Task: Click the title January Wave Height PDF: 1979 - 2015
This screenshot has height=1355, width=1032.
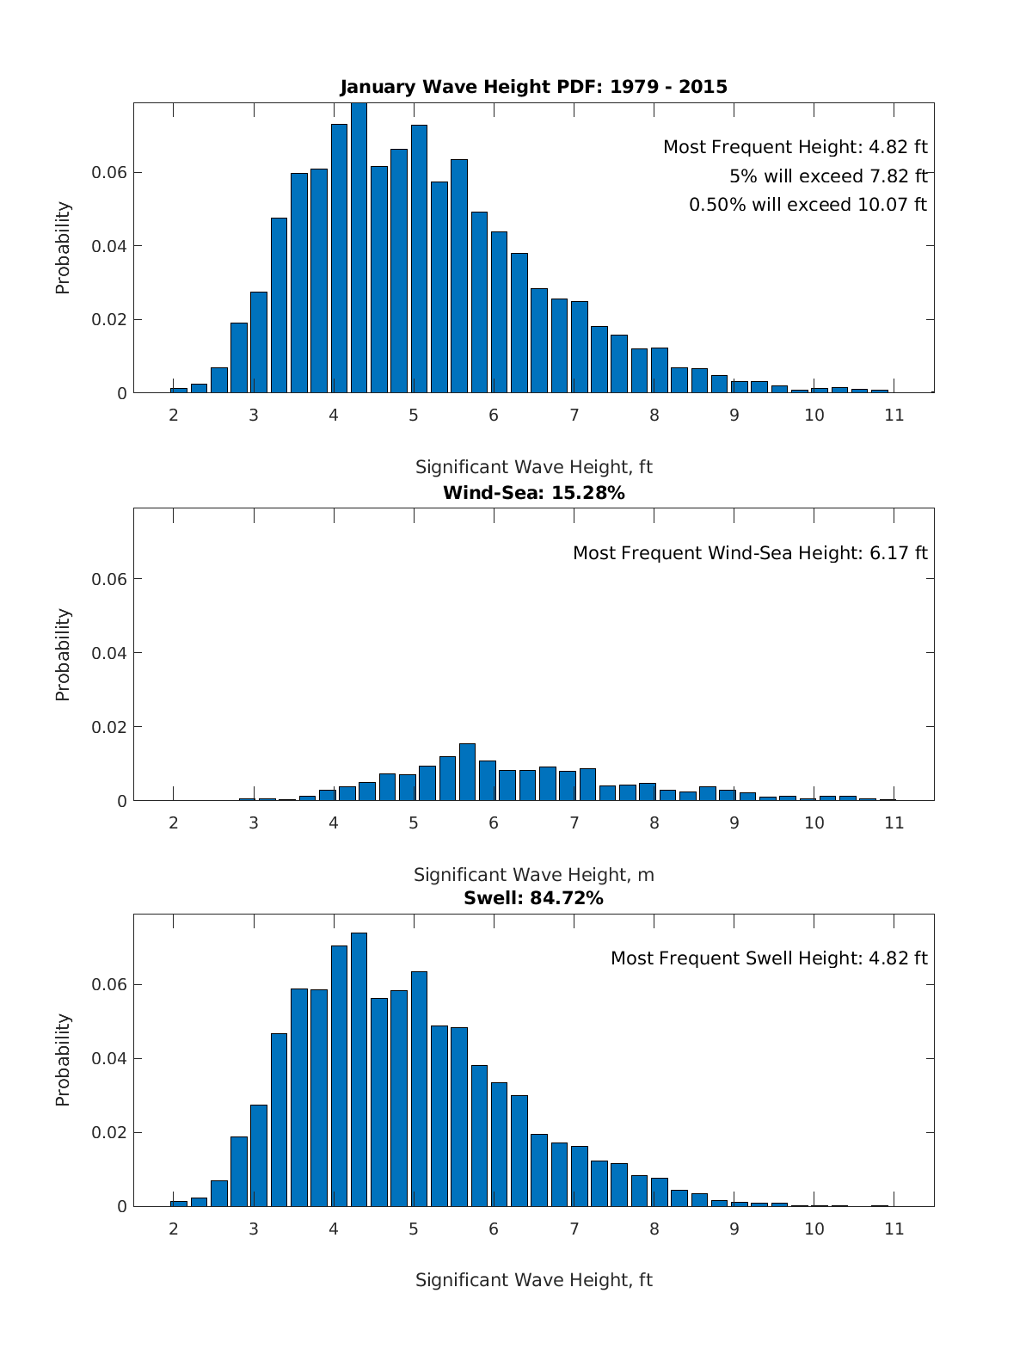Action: click(533, 87)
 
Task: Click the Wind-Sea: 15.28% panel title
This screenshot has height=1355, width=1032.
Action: click(533, 493)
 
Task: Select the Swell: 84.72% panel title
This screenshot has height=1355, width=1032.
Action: click(533, 898)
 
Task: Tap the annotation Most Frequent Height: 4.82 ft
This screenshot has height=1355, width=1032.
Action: click(795, 147)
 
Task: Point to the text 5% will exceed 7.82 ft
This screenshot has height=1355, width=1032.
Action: click(827, 176)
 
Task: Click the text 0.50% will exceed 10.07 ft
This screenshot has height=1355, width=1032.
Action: click(808, 205)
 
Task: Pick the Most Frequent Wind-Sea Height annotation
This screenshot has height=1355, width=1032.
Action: click(750, 553)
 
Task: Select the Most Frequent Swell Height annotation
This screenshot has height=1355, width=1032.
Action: click(769, 958)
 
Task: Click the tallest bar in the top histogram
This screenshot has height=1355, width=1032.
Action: click(359, 249)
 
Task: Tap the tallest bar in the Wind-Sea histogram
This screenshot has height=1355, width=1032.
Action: click(467, 773)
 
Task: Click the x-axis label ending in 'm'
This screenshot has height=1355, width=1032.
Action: click(533, 875)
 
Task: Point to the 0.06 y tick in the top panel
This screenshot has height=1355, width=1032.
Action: click(109, 173)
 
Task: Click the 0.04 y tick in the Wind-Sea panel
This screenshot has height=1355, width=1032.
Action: click(109, 653)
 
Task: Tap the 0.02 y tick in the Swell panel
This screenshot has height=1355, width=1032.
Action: click(109, 1132)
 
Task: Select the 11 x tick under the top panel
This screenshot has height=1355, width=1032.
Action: click(894, 416)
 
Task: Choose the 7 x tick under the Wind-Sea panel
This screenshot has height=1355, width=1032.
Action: click(574, 822)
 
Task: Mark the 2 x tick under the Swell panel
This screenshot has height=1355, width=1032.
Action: click(174, 1229)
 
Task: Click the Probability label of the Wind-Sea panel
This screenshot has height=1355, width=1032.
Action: click(63, 655)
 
